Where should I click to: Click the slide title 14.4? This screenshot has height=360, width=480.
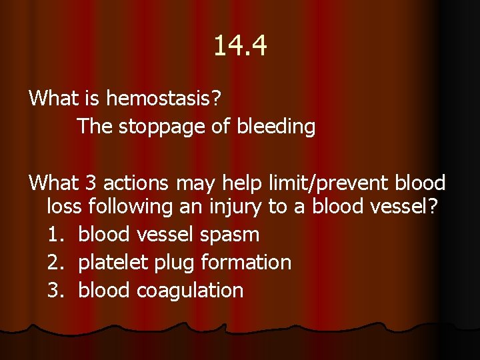240,46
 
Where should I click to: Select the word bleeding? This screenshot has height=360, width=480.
276,127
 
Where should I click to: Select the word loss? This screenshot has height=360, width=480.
64,207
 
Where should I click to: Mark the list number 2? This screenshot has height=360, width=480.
56,263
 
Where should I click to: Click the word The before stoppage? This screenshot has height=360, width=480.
95,127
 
